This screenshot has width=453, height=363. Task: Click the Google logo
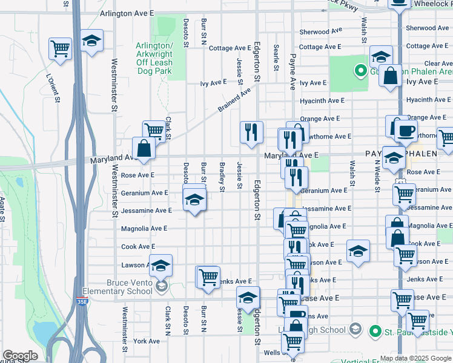pos(20,356)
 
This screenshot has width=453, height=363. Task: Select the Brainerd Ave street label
pos(234,101)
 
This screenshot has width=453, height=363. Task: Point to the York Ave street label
pos(147,341)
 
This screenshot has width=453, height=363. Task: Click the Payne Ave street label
pos(293,63)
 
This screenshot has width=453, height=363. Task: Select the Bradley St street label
pos(222,177)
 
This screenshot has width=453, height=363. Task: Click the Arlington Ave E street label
pos(127,13)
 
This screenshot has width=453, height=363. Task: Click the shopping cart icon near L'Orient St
pos(60,48)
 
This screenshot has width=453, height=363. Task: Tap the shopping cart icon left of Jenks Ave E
pos(208,276)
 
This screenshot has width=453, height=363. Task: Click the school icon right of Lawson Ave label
pos(161,265)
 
